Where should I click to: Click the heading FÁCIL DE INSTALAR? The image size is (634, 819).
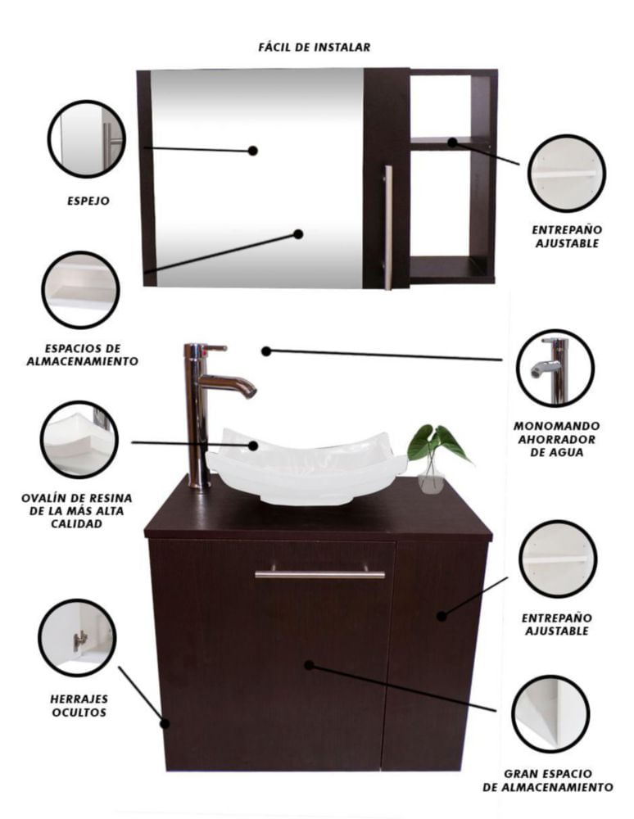tap(315, 48)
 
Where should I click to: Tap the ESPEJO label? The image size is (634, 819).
tap(88, 201)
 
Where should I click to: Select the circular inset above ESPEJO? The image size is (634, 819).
tap(87, 139)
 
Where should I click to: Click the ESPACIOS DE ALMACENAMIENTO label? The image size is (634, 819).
tap(83, 355)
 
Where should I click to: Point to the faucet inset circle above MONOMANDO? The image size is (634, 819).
tap(555, 368)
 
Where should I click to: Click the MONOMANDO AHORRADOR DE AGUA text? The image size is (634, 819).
tap(557, 439)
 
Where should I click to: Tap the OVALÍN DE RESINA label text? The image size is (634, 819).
tap(77, 511)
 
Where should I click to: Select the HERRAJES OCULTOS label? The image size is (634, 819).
tap(79, 706)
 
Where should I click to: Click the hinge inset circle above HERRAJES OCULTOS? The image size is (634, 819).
tap(77, 638)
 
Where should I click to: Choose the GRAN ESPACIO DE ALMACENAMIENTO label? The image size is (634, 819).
tap(548, 781)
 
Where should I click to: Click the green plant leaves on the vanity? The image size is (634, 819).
tap(439, 443)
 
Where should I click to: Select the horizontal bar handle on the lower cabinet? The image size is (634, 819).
tap(319, 573)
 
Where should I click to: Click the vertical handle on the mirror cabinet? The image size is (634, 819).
tap(388, 227)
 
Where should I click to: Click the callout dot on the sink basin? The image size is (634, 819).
tap(253, 446)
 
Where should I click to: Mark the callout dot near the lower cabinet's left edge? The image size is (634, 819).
tap(165, 723)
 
